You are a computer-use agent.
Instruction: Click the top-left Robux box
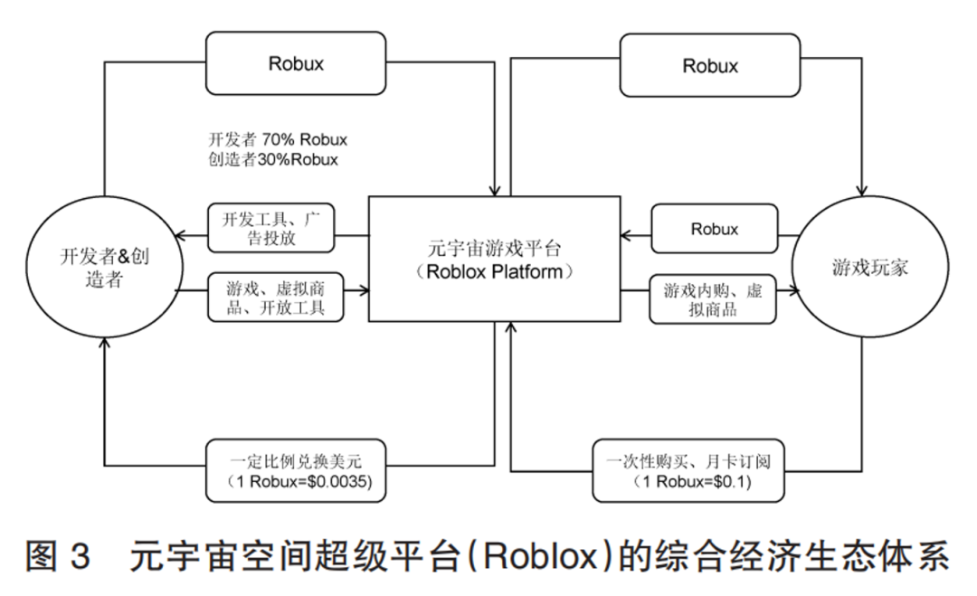[x=296, y=63]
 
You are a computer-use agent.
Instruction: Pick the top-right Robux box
[x=710, y=65]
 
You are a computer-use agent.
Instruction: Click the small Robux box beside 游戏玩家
[x=714, y=229]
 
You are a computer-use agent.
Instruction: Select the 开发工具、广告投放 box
[x=271, y=229]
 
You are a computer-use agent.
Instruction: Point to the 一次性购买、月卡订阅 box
[x=689, y=470]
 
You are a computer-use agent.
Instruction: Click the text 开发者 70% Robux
[x=278, y=140]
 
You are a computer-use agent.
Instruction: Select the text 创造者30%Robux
[x=272, y=160]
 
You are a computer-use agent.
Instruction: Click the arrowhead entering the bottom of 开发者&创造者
[x=105, y=343]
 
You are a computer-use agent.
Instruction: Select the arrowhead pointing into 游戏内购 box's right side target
[x=796, y=291]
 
